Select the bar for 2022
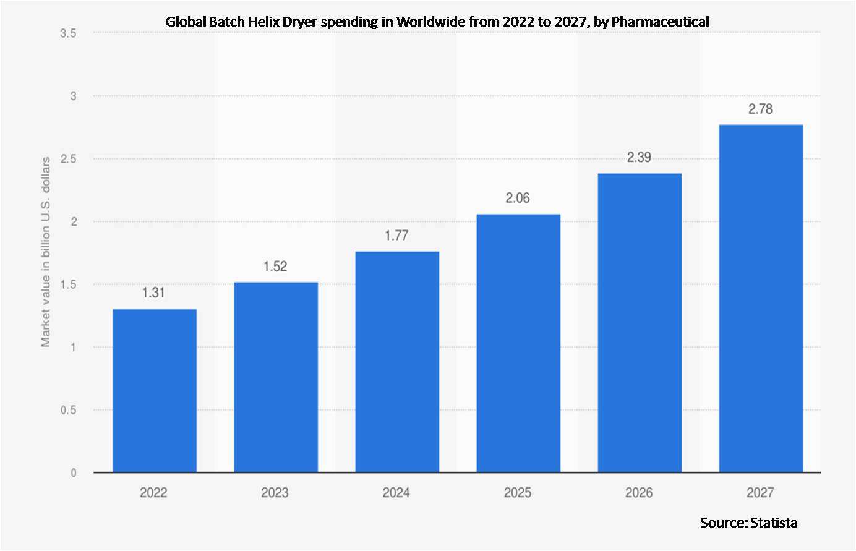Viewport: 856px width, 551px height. tap(154, 391)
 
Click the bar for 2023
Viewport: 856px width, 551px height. tap(275, 377)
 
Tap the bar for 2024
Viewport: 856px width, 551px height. tap(396, 362)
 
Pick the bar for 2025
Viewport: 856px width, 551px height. tap(518, 343)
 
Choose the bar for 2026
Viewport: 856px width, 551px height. tap(639, 323)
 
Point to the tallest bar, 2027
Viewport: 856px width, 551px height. tap(760, 299)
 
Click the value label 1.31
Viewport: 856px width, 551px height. tap(154, 293)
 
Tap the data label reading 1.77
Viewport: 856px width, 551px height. tap(396, 236)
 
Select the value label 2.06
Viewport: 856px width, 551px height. tap(518, 198)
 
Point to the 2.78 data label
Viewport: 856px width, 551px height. tap(760, 109)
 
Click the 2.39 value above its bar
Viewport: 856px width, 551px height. tap(639, 158)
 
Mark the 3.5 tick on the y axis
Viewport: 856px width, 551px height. tap(69, 33)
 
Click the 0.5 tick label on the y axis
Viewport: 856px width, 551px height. tap(69, 410)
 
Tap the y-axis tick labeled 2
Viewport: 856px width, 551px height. tap(74, 221)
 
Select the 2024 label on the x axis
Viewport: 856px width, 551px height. tap(396, 493)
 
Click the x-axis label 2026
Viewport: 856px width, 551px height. tap(639, 493)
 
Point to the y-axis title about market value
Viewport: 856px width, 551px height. tap(46, 252)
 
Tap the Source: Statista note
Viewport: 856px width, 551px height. tap(748, 523)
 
